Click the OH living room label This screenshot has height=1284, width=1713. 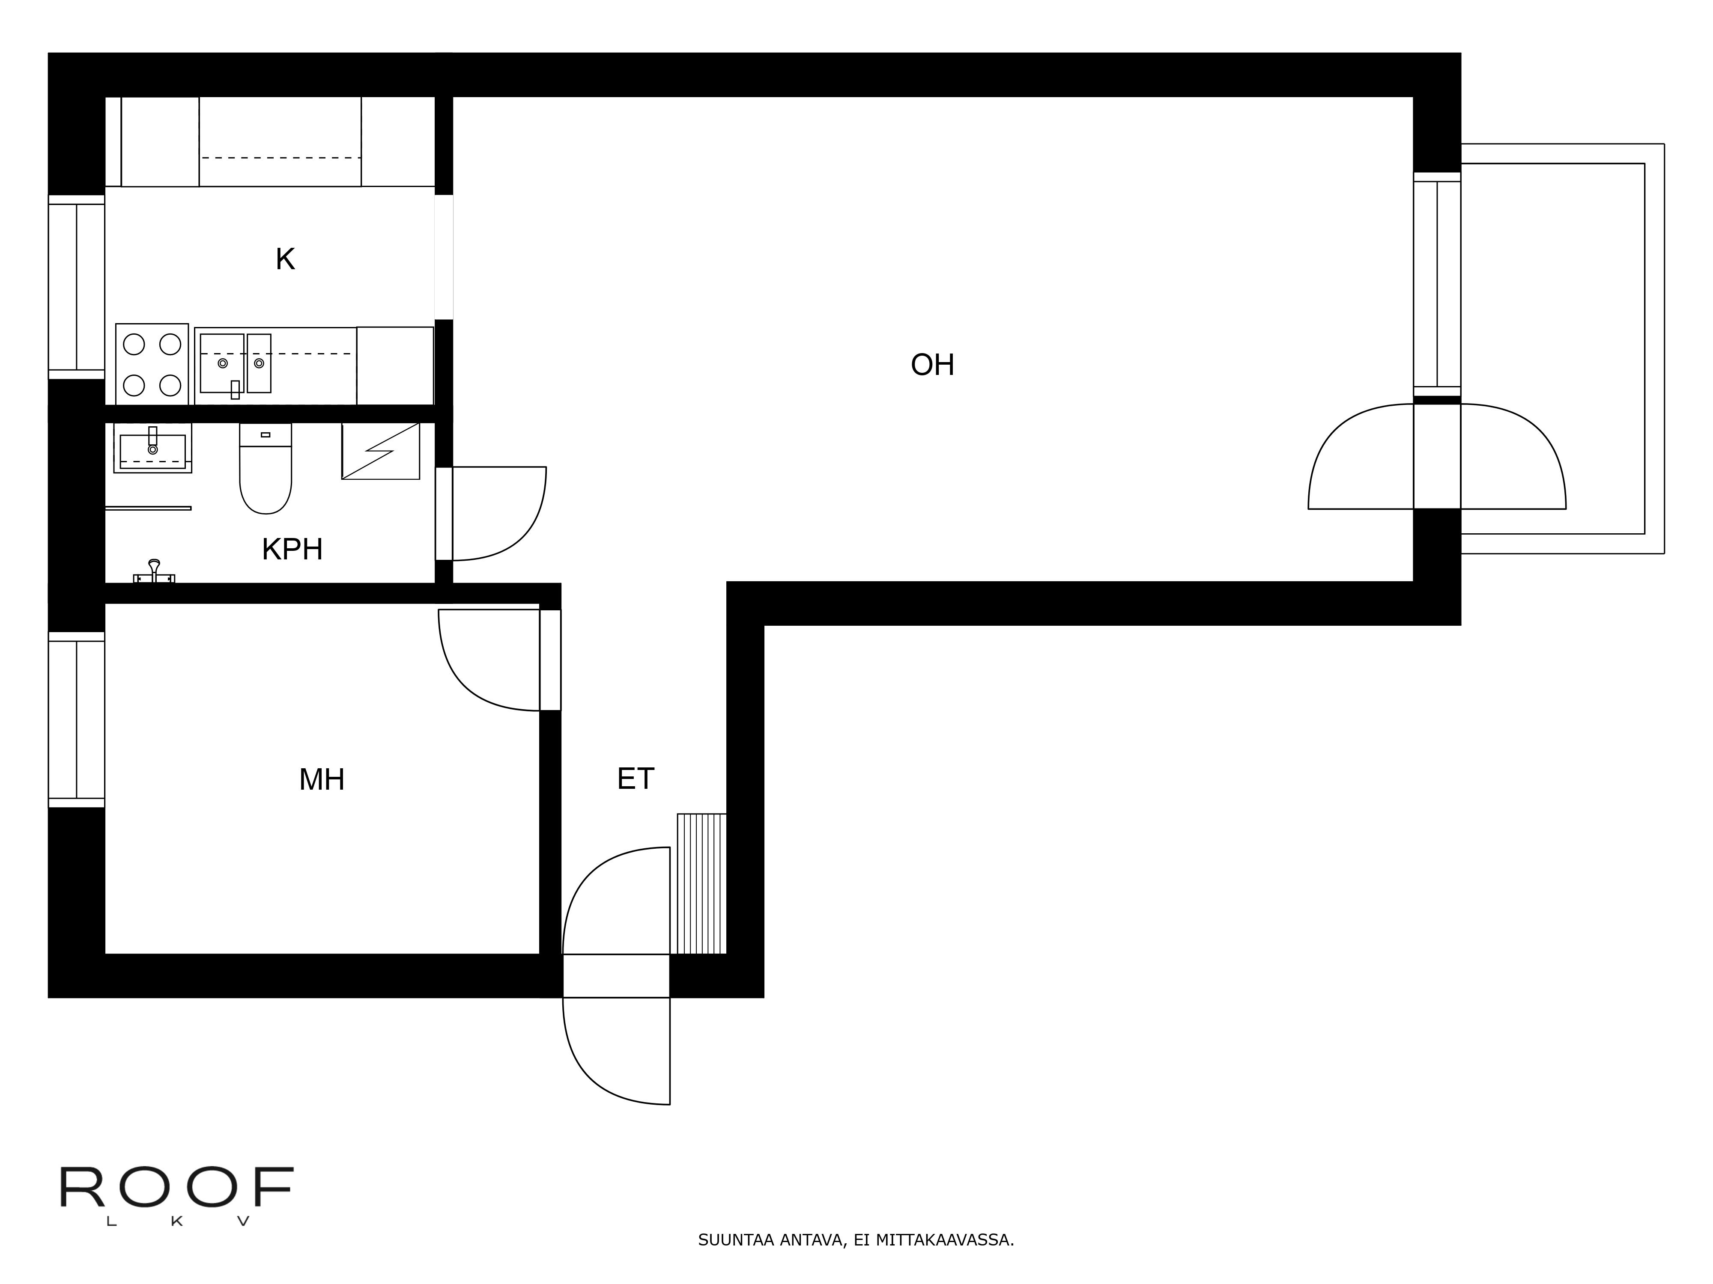932,365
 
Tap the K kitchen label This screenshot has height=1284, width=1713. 285,259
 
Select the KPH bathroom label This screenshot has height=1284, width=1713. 292,550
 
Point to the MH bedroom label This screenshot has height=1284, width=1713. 321,779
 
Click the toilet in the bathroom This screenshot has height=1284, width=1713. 266,468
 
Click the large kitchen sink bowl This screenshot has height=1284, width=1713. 222,363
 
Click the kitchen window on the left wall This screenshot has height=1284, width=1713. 77,287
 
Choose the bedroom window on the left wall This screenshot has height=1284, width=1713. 77,720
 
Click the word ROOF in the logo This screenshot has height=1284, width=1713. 176,1187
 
